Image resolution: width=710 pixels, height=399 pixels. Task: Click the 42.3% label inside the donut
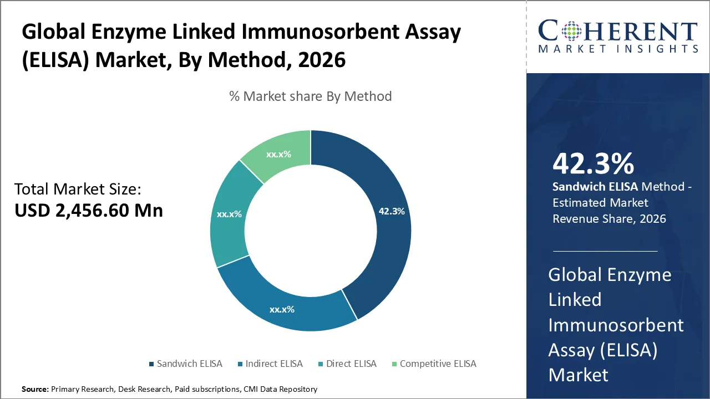pyautogui.click(x=392, y=211)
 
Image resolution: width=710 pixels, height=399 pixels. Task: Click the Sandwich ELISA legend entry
pyautogui.click(x=189, y=364)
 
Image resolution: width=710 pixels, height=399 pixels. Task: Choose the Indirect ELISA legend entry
pyautogui.click(x=274, y=364)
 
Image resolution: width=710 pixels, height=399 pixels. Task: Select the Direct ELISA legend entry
pyautogui.click(x=351, y=364)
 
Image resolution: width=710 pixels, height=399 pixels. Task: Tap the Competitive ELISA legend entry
pyautogui.click(x=438, y=364)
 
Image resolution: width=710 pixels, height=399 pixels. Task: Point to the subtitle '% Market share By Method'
pyautogui.click(x=311, y=96)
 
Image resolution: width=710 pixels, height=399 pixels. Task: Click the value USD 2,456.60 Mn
pyautogui.click(x=89, y=211)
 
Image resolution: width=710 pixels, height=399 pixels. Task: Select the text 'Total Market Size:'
pyautogui.click(x=78, y=190)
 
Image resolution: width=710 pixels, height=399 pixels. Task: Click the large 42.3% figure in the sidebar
pyautogui.click(x=593, y=164)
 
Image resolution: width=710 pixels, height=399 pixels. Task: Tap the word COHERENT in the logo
pyautogui.click(x=617, y=32)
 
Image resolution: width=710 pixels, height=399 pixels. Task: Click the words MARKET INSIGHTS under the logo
pyautogui.click(x=617, y=49)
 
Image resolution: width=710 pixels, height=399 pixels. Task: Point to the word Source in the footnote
pyautogui.click(x=35, y=390)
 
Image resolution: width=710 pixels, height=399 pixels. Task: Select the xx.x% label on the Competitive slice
pyautogui.click(x=278, y=154)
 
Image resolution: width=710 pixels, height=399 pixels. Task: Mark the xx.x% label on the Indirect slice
pyautogui.click(x=282, y=309)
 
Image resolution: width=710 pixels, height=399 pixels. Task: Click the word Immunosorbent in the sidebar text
pyautogui.click(x=616, y=325)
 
